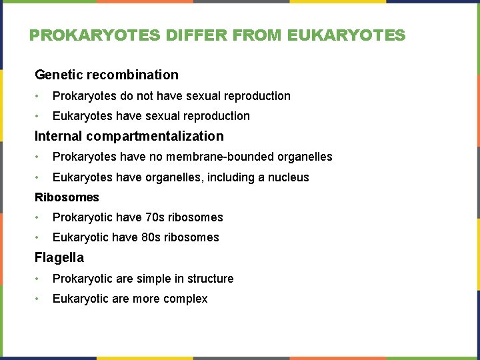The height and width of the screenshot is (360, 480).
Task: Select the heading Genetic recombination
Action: (107, 75)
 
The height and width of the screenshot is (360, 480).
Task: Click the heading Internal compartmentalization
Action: (129, 136)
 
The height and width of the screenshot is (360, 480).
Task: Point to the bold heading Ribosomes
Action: (67, 197)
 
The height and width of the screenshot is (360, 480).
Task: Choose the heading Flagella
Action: (59, 257)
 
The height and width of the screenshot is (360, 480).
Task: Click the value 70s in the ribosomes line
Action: (155, 217)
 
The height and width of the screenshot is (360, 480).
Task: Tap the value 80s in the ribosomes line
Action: (151, 237)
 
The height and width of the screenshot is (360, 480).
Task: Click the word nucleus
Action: (288, 177)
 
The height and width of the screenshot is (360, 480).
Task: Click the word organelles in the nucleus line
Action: (165, 177)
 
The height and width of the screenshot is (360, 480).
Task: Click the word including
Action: (221, 177)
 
